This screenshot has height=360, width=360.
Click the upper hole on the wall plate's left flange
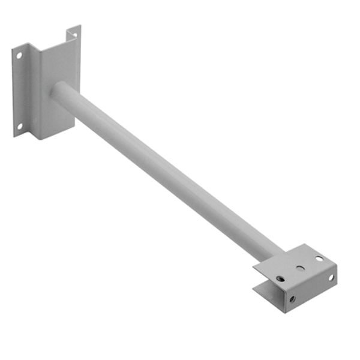[19, 55]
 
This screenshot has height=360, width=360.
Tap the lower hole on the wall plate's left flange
[19, 126]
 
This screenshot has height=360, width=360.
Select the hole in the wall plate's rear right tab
[74, 34]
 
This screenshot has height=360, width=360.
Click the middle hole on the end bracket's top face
[301, 268]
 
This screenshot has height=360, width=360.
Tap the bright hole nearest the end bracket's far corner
[319, 259]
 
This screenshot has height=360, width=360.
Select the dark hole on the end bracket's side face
[292, 298]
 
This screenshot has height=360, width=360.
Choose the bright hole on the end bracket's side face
[331, 277]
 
